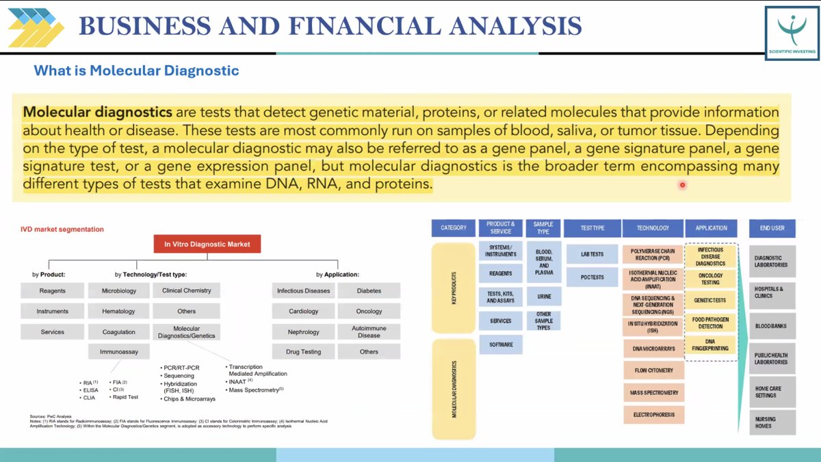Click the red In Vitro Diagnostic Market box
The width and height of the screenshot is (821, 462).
(x=207, y=244)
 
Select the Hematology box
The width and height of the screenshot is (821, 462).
(x=119, y=311)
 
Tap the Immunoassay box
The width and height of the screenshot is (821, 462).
(x=119, y=352)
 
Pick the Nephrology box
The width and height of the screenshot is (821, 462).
(x=303, y=331)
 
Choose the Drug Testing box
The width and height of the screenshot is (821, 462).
(x=303, y=352)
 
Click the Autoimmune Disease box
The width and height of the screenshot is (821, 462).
(x=369, y=331)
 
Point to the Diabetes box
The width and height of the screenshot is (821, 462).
(x=369, y=290)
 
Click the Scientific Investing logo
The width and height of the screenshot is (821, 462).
(x=792, y=31)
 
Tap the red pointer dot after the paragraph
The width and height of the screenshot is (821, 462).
(x=682, y=185)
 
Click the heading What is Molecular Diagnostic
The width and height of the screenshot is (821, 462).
(x=136, y=70)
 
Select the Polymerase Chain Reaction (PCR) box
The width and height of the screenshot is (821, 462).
(x=652, y=255)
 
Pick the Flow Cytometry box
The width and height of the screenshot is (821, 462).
(x=652, y=370)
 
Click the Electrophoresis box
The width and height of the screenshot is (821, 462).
(x=652, y=414)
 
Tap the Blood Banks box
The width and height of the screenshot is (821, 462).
(x=772, y=326)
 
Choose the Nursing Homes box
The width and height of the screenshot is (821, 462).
(x=772, y=422)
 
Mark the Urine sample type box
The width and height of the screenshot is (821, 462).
(x=544, y=296)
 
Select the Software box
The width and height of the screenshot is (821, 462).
(x=501, y=344)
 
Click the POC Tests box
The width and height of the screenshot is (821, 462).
(x=592, y=277)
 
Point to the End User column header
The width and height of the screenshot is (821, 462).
(x=772, y=228)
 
